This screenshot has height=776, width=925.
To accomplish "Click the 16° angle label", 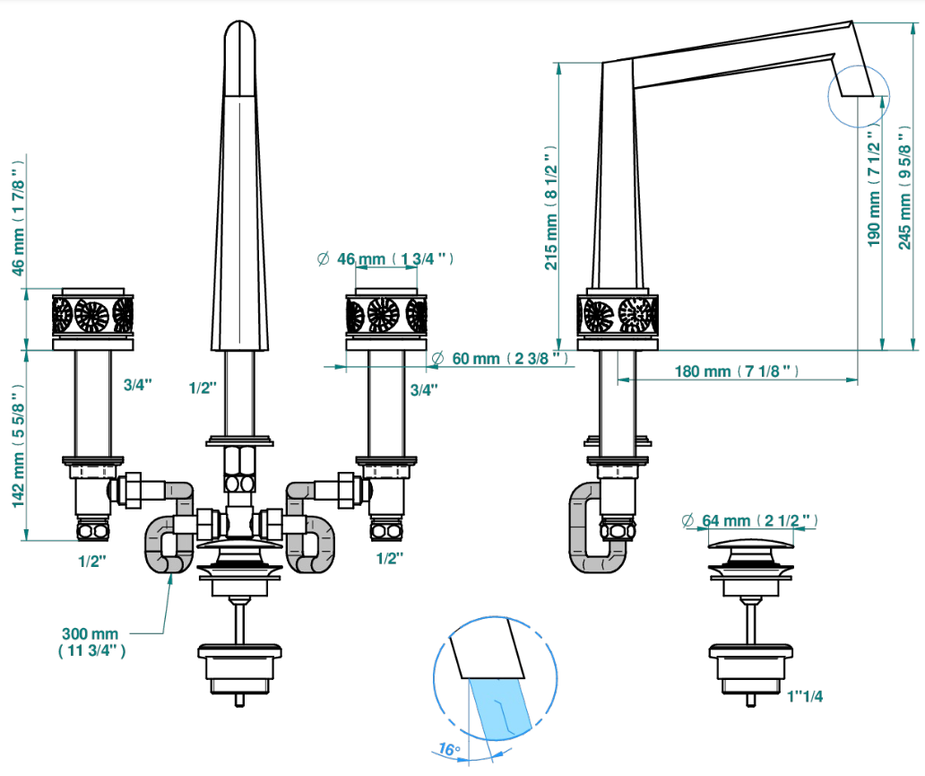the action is pyautogui.click(x=450, y=749).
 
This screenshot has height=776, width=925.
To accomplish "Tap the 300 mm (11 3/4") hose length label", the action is pyautogui.click(x=91, y=642).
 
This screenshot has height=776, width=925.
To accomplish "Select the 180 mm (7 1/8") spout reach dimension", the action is pyautogui.click(x=737, y=371).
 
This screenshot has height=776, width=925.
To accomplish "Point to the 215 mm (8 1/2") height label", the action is pyautogui.click(x=551, y=208).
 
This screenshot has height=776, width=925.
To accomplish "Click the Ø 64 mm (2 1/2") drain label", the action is pyautogui.click(x=749, y=521).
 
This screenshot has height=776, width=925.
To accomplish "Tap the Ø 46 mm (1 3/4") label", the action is pyautogui.click(x=385, y=258).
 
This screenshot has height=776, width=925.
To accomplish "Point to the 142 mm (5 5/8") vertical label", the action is pyautogui.click(x=18, y=445).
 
